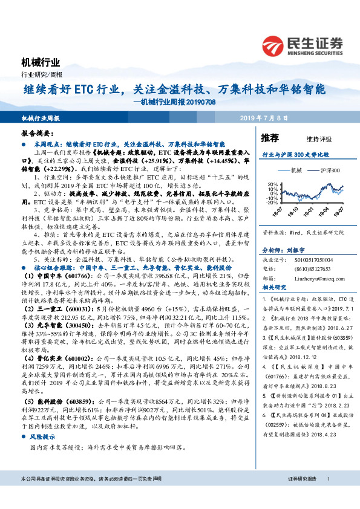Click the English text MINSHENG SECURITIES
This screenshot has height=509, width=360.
tap(316, 53)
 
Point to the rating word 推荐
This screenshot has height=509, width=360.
tap(270, 138)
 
